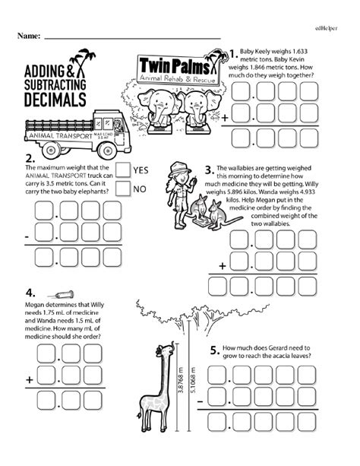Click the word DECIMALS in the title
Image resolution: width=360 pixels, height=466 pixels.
click(51, 97)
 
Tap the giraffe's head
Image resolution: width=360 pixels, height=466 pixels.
click(161, 352)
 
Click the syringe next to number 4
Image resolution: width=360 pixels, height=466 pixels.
click(59, 294)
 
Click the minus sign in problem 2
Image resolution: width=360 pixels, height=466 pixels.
click(27, 238)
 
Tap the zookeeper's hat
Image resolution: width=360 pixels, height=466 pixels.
click(176, 168)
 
